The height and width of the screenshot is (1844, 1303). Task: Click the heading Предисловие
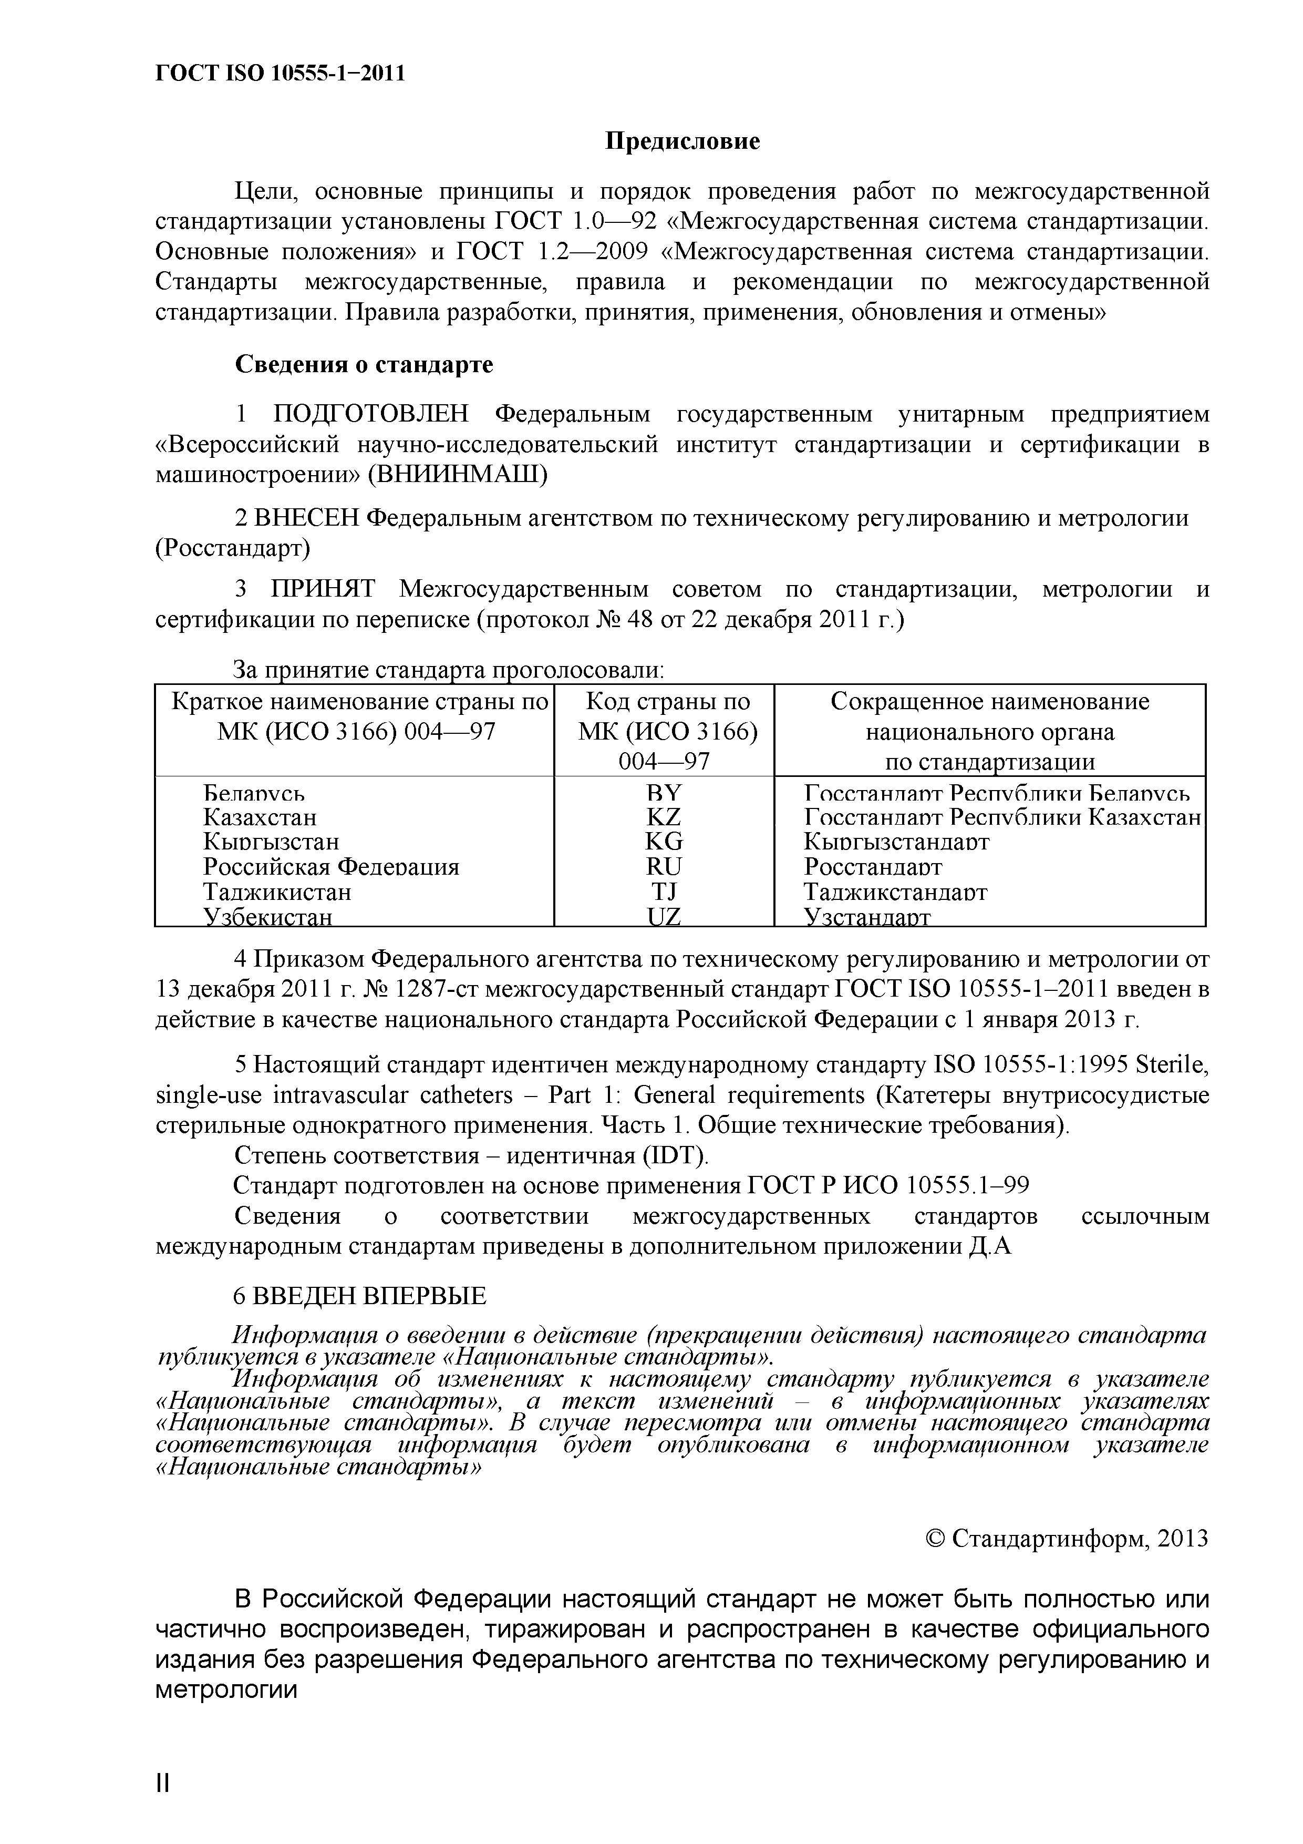(x=681, y=142)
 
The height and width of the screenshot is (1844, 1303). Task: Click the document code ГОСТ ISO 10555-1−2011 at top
(x=280, y=74)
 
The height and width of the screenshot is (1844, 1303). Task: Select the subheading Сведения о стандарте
(x=364, y=365)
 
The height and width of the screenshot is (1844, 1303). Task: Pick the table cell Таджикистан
(x=277, y=892)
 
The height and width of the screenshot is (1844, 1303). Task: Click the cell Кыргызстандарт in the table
(x=896, y=842)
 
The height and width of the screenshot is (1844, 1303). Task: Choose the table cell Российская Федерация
(x=331, y=867)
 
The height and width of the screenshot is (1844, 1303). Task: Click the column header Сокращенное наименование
(x=989, y=702)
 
